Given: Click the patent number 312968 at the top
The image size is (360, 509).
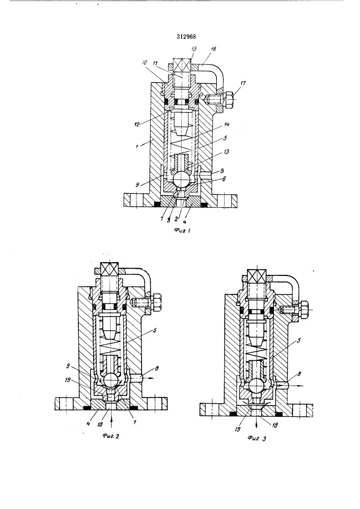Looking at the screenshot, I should point(179,36).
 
